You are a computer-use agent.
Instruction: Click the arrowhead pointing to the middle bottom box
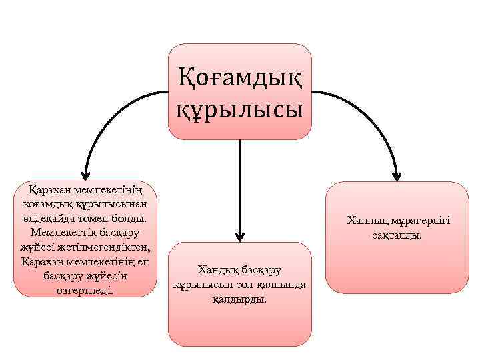click(240, 237)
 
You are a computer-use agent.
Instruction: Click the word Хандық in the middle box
click(215, 270)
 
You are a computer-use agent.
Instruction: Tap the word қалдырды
click(239, 299)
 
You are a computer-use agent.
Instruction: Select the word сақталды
click(397, 235)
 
